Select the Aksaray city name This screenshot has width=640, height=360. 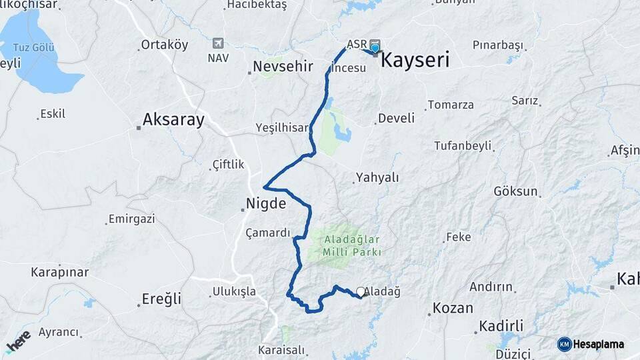click(173, 121)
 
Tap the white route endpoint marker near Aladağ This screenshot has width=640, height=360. click(361, 291)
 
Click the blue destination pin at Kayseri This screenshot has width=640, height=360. click(375, 48)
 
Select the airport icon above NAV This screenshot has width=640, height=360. click(218, 44)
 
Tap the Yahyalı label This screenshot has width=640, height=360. click(377, 177)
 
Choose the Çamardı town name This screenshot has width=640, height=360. click(268, 233)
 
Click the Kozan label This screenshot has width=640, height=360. click(453, 309)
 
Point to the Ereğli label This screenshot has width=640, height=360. click(161, 299)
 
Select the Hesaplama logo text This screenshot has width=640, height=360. click(599, 344)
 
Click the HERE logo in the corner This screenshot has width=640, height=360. click(18, 341)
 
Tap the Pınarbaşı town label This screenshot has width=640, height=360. click(497, 45)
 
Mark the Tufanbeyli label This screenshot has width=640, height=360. click(463, 145)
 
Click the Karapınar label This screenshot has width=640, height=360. click(60, 272)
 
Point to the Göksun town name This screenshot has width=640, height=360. click(515, 191)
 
